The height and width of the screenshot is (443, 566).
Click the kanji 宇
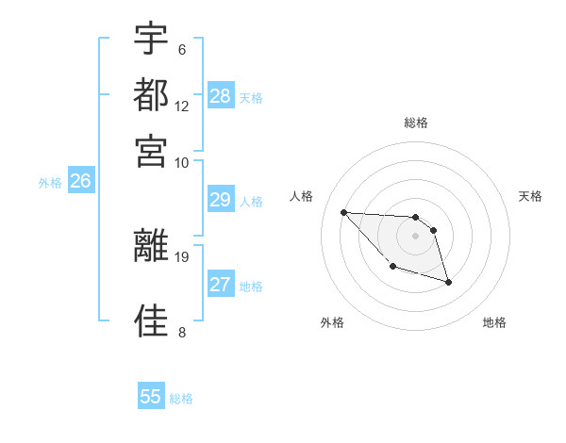151,39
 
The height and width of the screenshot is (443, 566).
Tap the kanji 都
151,94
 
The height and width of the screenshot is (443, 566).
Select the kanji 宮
151,150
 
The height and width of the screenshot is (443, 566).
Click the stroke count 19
182,256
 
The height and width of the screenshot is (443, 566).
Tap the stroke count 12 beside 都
182,107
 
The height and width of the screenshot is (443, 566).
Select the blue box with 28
221,96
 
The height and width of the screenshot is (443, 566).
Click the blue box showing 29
220,200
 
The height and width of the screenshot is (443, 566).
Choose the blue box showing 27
221,285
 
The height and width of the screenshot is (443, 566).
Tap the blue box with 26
80,182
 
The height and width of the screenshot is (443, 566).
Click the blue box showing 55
151,397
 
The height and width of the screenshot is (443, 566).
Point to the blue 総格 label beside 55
181,399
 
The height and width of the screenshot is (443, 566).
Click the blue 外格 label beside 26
50,183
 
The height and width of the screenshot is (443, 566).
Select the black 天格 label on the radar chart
531,196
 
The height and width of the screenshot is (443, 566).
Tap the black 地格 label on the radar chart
494,322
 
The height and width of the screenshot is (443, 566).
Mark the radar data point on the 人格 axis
344,212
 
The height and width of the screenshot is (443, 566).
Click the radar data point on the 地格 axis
448,282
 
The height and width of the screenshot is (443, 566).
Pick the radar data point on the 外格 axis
392,267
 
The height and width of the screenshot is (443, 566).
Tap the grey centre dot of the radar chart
415,236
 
